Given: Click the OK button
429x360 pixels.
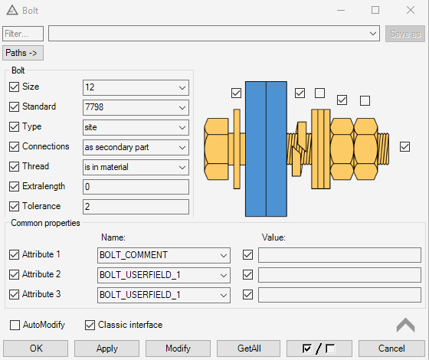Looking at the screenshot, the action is tap(35, 349).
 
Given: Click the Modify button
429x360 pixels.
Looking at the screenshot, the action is tap(178, 349).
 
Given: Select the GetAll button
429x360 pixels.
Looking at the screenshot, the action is tap(249, 349).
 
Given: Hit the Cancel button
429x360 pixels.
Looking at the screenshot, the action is tap(391, 349).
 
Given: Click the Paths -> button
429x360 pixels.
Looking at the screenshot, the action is tap(23, 53).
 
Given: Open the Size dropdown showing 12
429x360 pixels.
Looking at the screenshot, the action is tap(136, 87).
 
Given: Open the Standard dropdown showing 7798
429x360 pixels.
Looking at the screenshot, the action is tap(136, 107).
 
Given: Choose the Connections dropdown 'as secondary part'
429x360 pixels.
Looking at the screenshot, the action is tap(136, 147).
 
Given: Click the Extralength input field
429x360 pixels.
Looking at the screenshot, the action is tap(136, 187).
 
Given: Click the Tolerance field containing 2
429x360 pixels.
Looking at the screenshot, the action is tap(136, 207).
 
